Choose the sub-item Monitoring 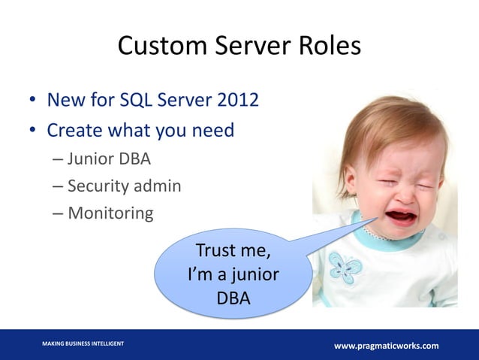pos(110,213)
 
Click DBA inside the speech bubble pos(233,298)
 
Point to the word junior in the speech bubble pos(253,274)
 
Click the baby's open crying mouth pos(400,217)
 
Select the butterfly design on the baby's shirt pos(346,268)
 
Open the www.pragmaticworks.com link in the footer pos(386,346)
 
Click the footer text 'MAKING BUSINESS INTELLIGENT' pos(83,343)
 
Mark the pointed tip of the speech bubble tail pos(378,218)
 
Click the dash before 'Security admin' pos(58,186)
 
